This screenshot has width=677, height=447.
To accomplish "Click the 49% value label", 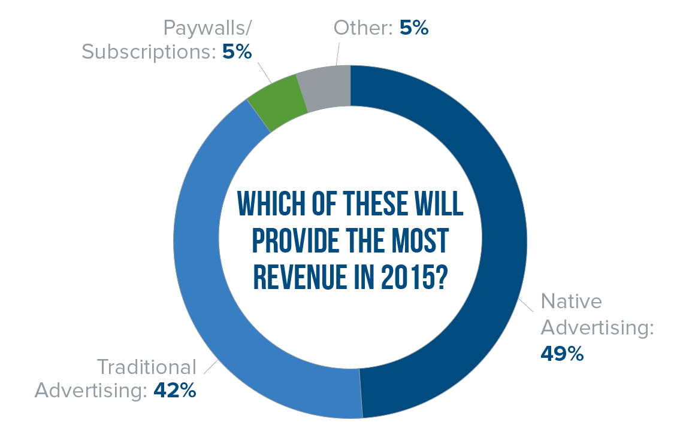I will tap(561, 354).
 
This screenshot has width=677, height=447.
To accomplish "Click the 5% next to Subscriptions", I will tap(237, 51).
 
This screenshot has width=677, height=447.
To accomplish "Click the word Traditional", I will tap(146, 366).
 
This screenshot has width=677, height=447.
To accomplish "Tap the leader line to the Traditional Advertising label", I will tap(211, 366).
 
